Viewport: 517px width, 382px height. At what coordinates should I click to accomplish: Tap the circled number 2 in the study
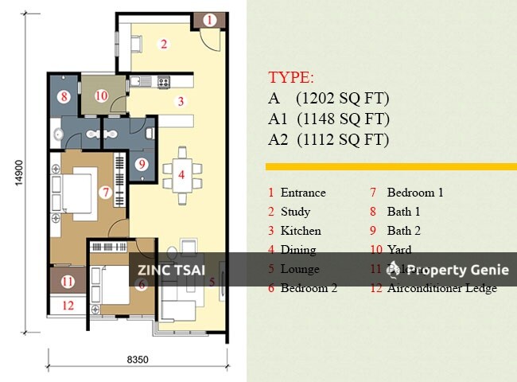[x=164, y=45]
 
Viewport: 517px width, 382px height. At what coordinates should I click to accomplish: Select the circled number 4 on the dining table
[x=181, y=174]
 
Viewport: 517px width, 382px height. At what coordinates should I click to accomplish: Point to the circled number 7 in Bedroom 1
[x=104, y=192]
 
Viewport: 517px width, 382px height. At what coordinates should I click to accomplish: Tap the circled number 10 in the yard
[x=101, y=95]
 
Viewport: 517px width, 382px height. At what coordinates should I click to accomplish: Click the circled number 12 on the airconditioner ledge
[x=68, y=305]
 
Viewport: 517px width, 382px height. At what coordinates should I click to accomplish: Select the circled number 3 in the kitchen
[x=181, y=101]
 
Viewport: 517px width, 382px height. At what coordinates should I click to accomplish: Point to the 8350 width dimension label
[x=138, y=360]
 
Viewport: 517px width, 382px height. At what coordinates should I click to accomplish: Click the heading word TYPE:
[x=291, y=78]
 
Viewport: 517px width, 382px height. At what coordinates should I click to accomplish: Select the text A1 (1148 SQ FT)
[x=328, y=119]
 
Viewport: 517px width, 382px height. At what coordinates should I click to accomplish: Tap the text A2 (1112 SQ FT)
[x=328, y=140]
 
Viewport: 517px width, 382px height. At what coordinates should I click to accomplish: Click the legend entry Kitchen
[x=301, y=231]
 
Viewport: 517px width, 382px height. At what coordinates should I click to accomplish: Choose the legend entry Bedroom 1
[x=414, y=193]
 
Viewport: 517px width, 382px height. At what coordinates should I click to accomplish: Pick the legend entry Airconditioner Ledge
[x=441, y=288]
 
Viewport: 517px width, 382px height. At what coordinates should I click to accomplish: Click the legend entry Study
[x=295, y=212]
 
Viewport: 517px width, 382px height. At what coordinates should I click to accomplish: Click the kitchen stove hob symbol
[x=164, y=81]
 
